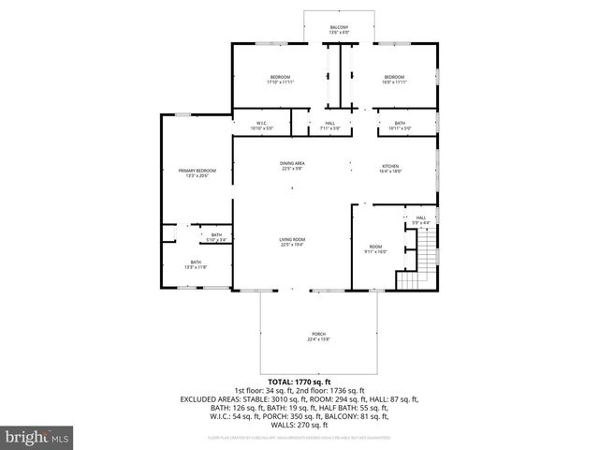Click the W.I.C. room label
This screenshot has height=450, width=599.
263,127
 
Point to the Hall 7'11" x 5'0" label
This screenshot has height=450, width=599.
330,127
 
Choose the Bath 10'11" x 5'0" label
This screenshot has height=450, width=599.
400,127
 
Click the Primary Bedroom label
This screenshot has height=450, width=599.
197,173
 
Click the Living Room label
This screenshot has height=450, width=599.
292,243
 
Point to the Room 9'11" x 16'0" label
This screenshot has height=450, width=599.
374,249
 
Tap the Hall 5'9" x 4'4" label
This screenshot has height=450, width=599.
420,220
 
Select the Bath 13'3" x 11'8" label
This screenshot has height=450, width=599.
196,265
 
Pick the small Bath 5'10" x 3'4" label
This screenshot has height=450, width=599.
216,237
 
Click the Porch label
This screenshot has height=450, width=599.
319,337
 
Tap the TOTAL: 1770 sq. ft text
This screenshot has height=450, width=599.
299,382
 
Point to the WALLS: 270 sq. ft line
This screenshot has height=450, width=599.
299,423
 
